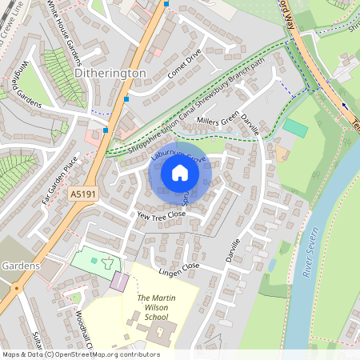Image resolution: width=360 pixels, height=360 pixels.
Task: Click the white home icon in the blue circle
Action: coord(180,172)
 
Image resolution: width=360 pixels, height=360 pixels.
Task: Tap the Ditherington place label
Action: coord(110,73)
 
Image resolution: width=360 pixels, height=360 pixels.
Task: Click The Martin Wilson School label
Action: coord(156,307)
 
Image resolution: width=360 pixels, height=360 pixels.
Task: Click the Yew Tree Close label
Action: coord(161,215)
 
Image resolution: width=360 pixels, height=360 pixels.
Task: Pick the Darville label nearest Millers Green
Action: coord(250,122)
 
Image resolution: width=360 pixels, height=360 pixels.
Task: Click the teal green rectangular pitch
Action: coord(295,127)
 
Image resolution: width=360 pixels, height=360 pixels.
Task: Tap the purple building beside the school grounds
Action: coord(118,282)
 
